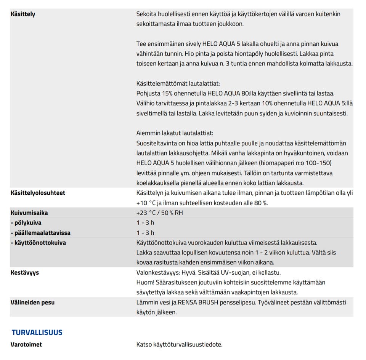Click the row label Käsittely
pos(23,14)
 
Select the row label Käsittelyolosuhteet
pos(38,193)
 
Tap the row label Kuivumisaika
pos(29,213)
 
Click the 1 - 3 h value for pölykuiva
pos(145,223)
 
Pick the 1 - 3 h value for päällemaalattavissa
pos(145,233)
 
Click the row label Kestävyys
pos(25,272)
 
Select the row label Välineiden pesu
pos(32,302)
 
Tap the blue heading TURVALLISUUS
pos(37,332)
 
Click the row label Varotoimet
pos(26,344)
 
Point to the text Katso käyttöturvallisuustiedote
pos(179,344)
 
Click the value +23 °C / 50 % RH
pos(159,213)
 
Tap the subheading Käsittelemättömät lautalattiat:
pos(178,83)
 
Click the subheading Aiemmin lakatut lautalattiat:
pos(175,133)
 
